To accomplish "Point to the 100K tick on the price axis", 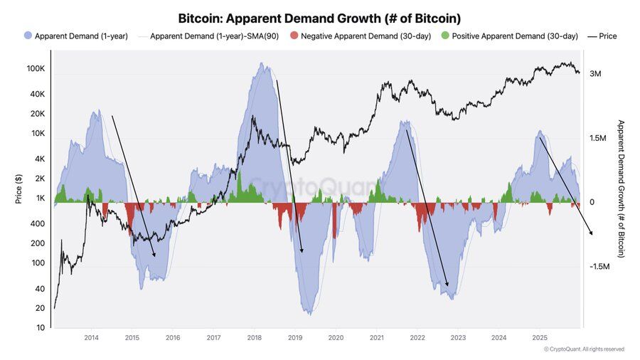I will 36,69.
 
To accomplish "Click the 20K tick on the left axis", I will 37,114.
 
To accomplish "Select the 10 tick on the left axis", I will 41,327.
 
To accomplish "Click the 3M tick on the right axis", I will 596,74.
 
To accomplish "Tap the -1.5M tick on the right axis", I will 600,266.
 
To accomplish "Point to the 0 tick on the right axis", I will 592,202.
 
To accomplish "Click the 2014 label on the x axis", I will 91,337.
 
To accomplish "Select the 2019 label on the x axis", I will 295,337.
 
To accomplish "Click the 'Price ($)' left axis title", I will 19,189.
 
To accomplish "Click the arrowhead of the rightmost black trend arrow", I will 590,233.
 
